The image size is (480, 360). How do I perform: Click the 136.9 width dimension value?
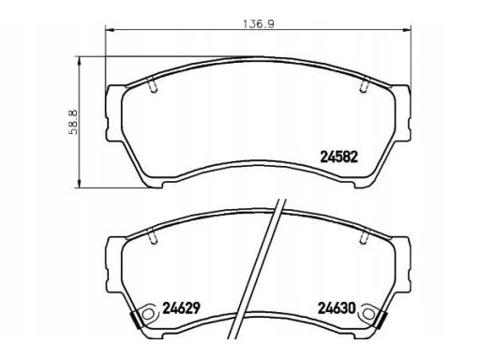pos(259,24)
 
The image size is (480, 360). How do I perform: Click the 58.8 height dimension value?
pos(73,122)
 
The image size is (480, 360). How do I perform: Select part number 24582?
pos(338,157)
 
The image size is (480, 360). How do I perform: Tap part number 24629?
pos(181,308)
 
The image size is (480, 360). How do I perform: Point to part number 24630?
pos(337,308)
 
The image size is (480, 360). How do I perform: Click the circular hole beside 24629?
pos(148,314)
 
